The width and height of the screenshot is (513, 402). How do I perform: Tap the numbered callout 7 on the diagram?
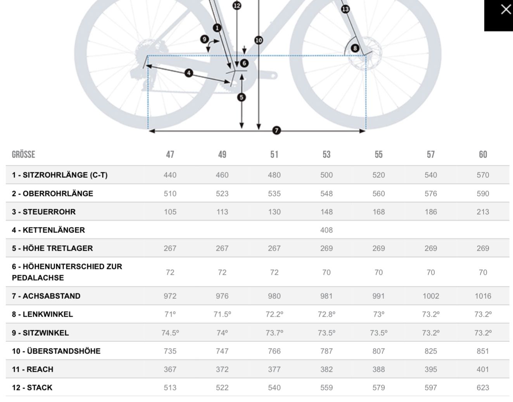click(276, 130)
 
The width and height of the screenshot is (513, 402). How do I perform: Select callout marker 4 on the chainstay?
click(188, 73)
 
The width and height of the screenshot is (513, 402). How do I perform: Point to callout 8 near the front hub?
click(355, 49)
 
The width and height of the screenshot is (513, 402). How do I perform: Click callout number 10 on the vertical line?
click(259, 40)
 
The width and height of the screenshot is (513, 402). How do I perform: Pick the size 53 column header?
click(326, 154)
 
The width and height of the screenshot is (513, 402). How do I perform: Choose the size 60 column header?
click(483, 154)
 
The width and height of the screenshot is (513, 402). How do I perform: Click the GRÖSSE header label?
click(23, 154)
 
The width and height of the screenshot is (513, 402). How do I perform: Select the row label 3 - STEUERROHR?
click(44, 212)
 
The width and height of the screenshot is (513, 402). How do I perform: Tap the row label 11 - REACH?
click(33, 369)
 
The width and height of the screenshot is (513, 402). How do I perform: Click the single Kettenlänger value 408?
click(326, 230)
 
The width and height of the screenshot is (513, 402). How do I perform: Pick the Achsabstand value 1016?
click(483, 296)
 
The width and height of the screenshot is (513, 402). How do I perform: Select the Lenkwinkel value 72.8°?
click(326, 314)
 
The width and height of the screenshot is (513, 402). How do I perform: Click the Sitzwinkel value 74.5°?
click(170, 333)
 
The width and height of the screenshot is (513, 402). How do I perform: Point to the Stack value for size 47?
click(170, 388)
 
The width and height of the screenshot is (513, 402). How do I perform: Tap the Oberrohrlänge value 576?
click(430, 194)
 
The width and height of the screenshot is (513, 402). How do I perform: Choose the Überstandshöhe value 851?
click(483, 351)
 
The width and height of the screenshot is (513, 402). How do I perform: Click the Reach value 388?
click(378, 369)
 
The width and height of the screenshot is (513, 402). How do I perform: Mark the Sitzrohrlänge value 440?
click(170, 175)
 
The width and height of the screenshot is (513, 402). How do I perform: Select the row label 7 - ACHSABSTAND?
click(46, 296)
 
